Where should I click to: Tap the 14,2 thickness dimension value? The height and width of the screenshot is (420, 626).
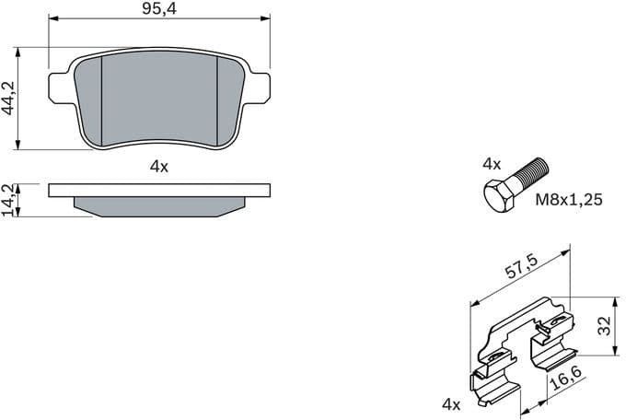point(8,200)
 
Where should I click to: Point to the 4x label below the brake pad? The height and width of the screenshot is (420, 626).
point(158,167)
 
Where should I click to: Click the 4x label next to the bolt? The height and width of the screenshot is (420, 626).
point(492,164)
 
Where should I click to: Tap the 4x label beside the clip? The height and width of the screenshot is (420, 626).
point(450,403)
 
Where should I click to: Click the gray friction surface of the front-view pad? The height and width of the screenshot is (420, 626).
point(158,97)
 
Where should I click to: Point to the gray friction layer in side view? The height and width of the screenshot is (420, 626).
point(158,207)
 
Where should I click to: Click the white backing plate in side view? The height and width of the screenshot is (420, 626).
point(158,191)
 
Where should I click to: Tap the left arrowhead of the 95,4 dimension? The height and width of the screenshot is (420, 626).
point(52,17)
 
